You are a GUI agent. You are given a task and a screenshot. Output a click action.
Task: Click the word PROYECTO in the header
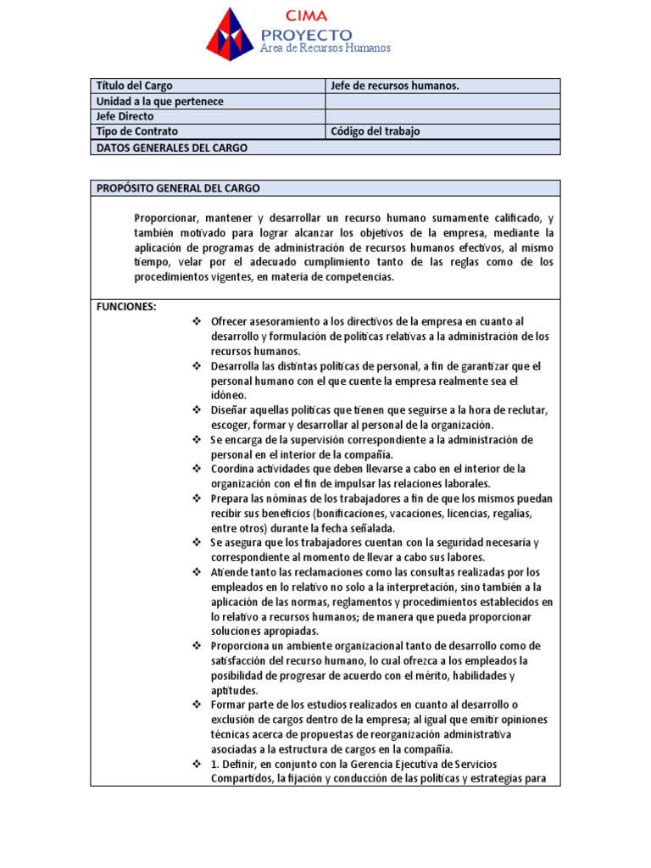[x=306, y=34]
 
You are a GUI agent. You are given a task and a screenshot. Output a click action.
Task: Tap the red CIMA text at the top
[x=306, y=14]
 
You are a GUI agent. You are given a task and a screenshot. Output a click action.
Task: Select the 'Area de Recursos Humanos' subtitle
[x=325, y=48]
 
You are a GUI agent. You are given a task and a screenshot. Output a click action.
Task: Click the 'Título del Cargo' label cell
[x=135, y=86]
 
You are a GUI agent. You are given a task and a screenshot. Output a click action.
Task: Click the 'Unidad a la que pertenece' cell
[x=160, y=102]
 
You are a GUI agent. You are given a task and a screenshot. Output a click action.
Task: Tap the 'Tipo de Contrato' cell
[x=137, y=131]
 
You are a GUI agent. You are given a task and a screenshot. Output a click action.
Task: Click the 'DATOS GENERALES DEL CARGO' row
[x=172, y=147]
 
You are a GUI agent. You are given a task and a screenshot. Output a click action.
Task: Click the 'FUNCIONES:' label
[x=126, y=307]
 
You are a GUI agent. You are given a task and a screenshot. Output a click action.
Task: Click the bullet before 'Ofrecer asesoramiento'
[x=196, y=321]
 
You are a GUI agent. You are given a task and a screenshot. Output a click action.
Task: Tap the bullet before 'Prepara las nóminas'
[x=196, y=498]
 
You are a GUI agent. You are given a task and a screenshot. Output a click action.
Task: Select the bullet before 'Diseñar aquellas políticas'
[x=196, y=410]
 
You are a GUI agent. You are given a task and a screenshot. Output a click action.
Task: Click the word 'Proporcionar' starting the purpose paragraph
[x=164, y=218]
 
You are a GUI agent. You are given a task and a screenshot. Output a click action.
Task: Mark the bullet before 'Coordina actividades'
[x=196, y=469]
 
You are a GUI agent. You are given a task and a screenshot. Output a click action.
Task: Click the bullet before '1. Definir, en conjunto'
[x=196, y=765]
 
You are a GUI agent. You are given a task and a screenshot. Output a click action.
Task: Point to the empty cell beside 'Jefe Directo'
[x=442, y=117]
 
